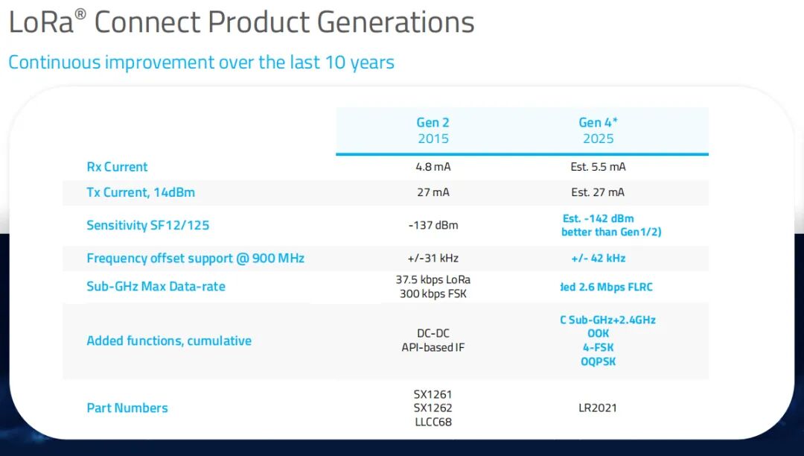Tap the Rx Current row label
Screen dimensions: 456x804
117,167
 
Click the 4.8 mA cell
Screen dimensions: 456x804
433,167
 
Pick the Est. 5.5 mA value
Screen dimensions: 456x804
598,167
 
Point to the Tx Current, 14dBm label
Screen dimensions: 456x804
141,192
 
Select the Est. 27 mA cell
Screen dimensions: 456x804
598,192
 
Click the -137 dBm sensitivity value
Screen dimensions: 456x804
433,225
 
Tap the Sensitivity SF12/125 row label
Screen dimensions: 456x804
144,225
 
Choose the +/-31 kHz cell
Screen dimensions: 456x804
433,258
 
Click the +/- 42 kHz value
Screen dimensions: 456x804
598,258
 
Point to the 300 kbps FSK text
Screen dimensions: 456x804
433,294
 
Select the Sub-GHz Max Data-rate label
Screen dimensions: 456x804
156,286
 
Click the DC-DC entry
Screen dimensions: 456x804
433,333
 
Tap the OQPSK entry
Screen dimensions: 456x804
598,361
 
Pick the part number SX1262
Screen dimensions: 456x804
433,408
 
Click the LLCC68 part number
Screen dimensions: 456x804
433,422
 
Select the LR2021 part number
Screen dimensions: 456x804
598,408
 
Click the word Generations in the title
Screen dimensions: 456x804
396,23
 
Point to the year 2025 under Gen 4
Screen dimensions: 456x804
598,139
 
